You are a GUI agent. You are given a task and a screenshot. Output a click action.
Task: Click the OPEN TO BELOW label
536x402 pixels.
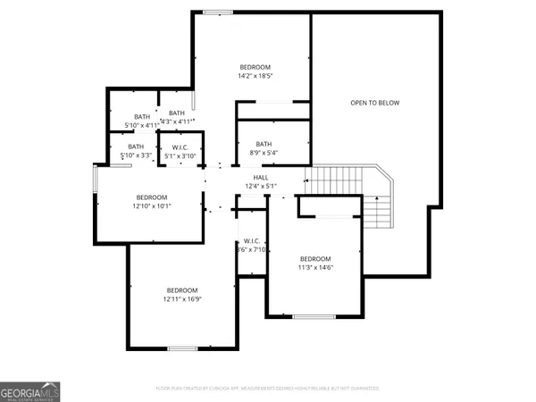374,103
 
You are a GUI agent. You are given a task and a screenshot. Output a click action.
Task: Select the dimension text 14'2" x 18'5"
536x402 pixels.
255,77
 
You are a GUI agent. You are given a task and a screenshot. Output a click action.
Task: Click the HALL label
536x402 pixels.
261,177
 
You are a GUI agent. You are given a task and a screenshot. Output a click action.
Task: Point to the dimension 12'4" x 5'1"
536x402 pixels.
261,186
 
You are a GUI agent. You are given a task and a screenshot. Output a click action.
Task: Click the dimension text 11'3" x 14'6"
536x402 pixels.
315,267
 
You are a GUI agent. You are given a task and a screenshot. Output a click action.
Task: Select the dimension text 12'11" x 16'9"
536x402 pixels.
182,300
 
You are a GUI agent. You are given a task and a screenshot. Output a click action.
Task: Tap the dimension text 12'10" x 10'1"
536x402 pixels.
153,206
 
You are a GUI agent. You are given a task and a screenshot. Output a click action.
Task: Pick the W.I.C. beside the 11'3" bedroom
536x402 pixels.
251,246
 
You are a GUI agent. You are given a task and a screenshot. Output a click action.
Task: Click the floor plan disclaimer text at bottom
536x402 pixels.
268,389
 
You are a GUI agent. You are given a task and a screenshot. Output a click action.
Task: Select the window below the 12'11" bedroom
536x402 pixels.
182,348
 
